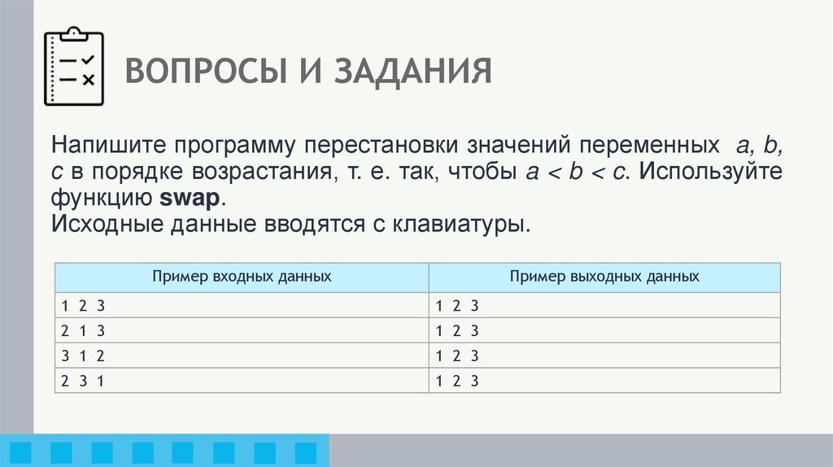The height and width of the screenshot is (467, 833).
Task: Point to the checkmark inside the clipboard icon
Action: (88, 60)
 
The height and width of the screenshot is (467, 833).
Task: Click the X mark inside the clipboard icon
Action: (88, 80)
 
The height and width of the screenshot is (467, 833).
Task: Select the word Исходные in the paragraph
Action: (98, 224)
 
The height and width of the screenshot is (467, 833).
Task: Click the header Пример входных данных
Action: (241, 277)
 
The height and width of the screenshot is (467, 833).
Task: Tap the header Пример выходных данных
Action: (604, 277)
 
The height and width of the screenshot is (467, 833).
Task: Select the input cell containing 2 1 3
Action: (241, 330)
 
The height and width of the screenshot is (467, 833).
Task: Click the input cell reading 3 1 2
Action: (241, 356)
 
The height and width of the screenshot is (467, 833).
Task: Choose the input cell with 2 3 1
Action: (241, 381)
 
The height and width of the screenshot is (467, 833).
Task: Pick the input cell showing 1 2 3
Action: (241, 305)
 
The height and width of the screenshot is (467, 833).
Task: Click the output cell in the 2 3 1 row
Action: (604, 381)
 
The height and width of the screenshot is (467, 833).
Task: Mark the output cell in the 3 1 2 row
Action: (604, 356)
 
